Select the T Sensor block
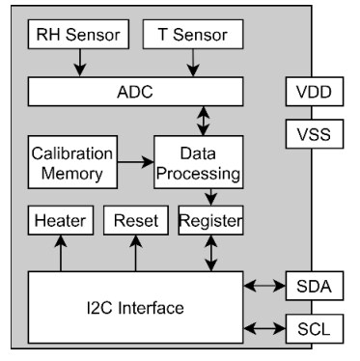194,36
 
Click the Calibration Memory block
72,163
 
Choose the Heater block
61,221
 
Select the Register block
210,221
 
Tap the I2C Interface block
135,307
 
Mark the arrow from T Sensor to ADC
193,64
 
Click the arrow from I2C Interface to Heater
61,254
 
